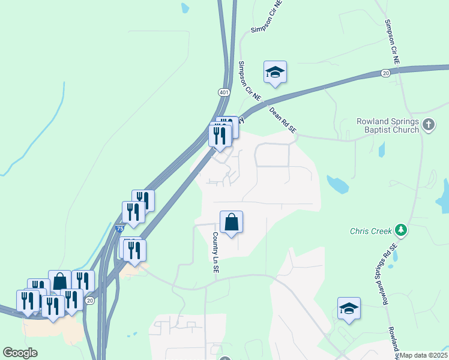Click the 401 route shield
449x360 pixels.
[224, 92]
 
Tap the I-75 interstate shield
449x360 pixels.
[119, 229]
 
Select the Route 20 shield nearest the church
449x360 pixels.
[385, 73]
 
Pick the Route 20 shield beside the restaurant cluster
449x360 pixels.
[89, 300]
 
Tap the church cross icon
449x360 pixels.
[428, 125]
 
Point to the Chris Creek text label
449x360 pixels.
[370, 230]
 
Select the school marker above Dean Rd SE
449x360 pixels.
[275, 72]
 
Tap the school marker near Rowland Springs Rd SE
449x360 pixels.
[349, 308]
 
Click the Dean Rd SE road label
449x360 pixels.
[283, 121]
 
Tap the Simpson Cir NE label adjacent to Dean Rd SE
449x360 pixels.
[250, 80]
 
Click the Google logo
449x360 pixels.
[19, 353]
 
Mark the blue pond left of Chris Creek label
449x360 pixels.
[339, 185]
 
